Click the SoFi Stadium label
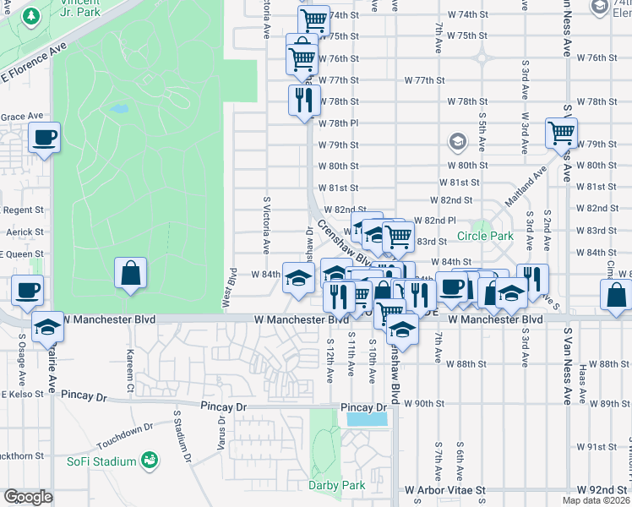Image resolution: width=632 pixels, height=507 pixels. point(101,461)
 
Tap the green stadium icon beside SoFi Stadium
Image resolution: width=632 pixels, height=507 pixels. point(150,461)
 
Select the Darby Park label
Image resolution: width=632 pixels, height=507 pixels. point(337,485)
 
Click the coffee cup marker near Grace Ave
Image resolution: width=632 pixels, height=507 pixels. point(44,137)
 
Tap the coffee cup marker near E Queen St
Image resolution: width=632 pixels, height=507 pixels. point(27,290)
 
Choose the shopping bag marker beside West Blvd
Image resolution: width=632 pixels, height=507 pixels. point(130,274)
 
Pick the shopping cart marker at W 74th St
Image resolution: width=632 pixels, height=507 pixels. point(314,19)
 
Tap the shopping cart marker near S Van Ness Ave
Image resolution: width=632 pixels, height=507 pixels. point(560,132)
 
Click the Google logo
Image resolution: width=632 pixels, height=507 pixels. point(28,497)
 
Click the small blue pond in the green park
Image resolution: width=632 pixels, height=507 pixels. point(119,109)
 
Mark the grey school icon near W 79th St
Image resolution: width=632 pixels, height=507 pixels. point(458,140)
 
